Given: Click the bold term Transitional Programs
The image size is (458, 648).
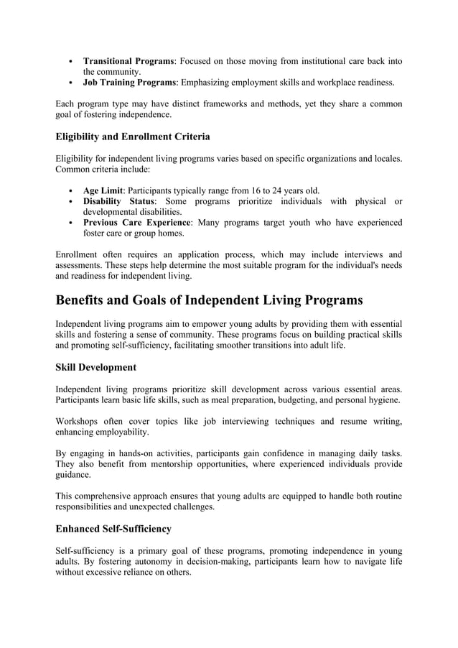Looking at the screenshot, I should (x=128, y=61).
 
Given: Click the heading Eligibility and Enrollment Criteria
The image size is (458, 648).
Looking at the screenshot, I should (x=133, y=136).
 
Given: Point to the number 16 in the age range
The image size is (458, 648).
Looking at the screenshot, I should (x=256, y=190).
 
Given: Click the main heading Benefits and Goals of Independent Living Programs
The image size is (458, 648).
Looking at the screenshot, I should (x=209, y=300).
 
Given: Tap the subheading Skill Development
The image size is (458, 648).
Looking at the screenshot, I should (x=95, y=367).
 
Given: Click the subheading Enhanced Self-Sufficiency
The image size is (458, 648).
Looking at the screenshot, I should (x=113, y=529).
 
